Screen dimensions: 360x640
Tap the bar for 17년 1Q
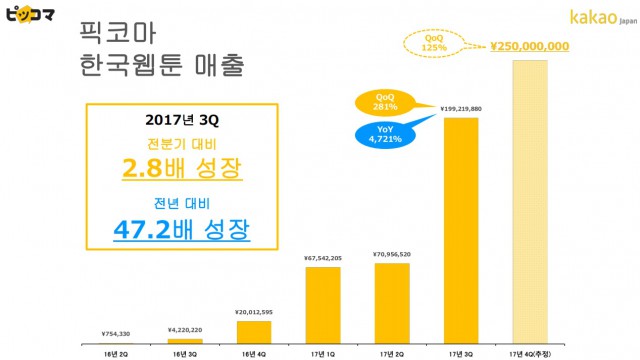coord(322,304)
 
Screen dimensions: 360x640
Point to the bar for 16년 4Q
coord(255,330)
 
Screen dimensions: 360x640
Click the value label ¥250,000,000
coord(531,46)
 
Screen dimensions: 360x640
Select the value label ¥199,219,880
coord(461,108)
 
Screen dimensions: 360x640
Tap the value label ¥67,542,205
coord(322,259)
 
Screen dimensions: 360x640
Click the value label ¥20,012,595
coord(253,313)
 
